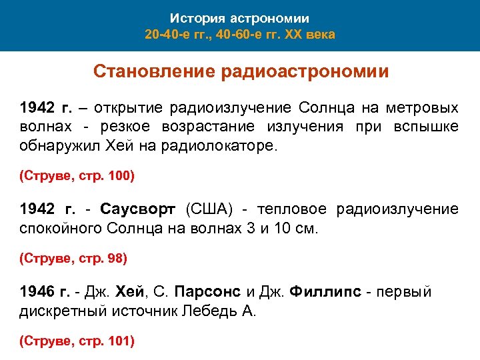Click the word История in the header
(193, 19)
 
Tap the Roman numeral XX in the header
(293, 34)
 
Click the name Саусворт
(138, 210)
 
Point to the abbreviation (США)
(209, 210)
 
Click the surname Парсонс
(208, 293)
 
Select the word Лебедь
(215, 311)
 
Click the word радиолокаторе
(217, 146)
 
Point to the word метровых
(424, 108)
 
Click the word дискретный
(63, 311)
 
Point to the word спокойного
(61, 229)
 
